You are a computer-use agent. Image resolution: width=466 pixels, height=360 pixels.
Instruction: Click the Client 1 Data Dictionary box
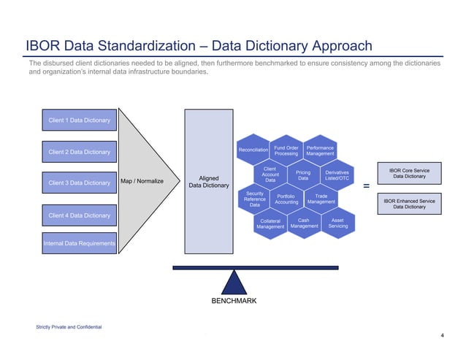(x=79, y=120)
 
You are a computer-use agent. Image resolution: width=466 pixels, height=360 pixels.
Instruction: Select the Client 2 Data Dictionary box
(x=79, y=152)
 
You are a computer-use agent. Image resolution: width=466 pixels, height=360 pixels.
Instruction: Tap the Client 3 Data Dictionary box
(x=79, y=183)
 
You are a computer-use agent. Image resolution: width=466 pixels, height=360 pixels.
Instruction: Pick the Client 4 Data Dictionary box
(x=79, y=215)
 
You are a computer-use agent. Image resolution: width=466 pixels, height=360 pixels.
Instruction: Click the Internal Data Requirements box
(x=79, y=243)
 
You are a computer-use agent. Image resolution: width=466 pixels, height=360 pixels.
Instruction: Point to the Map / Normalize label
(x=142, y=182)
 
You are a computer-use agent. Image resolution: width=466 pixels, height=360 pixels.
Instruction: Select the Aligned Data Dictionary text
(x=209, y=182)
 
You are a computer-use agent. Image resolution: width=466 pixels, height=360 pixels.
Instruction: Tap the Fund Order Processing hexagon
(x=286, y=151)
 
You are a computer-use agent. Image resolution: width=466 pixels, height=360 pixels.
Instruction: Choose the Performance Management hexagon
(x=319, y=151)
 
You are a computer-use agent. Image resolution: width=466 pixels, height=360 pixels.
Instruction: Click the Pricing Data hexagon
(x=303, y=176)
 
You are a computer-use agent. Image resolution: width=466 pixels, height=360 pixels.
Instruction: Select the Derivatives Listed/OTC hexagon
(x=337, y=176)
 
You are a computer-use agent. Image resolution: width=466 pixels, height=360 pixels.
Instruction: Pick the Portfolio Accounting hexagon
(x=286, y=199)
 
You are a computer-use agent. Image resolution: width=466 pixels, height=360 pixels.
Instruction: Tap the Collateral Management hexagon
(x=270, y=223)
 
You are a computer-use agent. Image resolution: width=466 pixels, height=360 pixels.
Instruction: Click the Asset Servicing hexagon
(x=338, y=223)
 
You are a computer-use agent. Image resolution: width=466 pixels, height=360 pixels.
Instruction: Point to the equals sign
(x=365, y=186)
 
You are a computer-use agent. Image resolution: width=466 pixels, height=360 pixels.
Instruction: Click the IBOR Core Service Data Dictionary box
(x=410, y=174)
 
